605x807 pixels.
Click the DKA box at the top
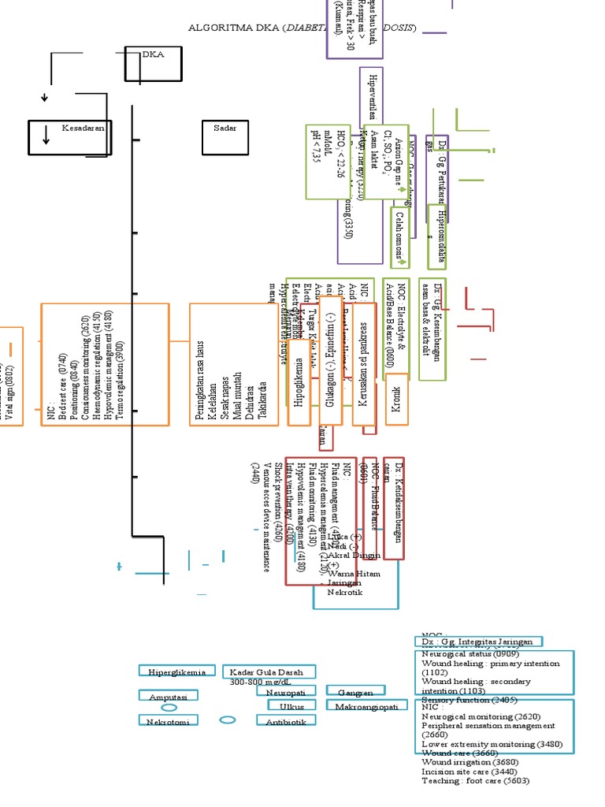pyautogui.click(x=154, y=63)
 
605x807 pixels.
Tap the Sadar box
pyautogui.click(x=225, y=137)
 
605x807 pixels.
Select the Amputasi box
pyautogui.click(x=169, y=697)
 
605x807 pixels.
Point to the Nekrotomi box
pyautogui.click(x=169, y=720)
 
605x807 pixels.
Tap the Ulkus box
pyautogui.click(x=291, y=706)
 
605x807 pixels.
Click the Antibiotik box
pyautogui.click(x=286, y=721)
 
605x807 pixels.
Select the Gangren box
pyautogui.click(x=355, y=692)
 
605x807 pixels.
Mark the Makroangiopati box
pyautogui.click(x=368, y=706)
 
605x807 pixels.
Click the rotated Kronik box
pyautogui.click(x=396, y=399)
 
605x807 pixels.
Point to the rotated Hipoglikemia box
pyautogui.click(x=299, y=382)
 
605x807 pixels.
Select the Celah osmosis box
pyautogui.click(x=401, y=236)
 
